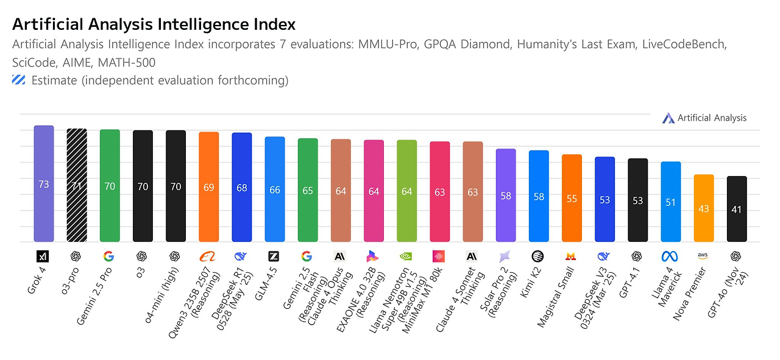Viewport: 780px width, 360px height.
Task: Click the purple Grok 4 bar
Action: (44, 183)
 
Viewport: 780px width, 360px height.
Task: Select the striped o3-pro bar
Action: (77, 185)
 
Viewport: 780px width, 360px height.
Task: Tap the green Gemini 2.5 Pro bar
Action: (110, 185)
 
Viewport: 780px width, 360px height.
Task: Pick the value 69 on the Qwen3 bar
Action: (208, 187)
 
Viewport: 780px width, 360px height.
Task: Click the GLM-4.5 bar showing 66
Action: (275, 189)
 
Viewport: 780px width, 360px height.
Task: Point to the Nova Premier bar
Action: (704, 208)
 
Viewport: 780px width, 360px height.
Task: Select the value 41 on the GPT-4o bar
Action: (737, 210)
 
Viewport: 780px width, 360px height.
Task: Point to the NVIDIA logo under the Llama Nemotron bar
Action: (406, 256)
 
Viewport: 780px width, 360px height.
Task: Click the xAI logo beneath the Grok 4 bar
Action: (44, 256)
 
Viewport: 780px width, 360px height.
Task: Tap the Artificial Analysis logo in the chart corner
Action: (667, 118)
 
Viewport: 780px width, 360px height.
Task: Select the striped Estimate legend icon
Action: (19, 80)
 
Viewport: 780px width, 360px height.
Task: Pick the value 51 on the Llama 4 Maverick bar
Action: (671, 202)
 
